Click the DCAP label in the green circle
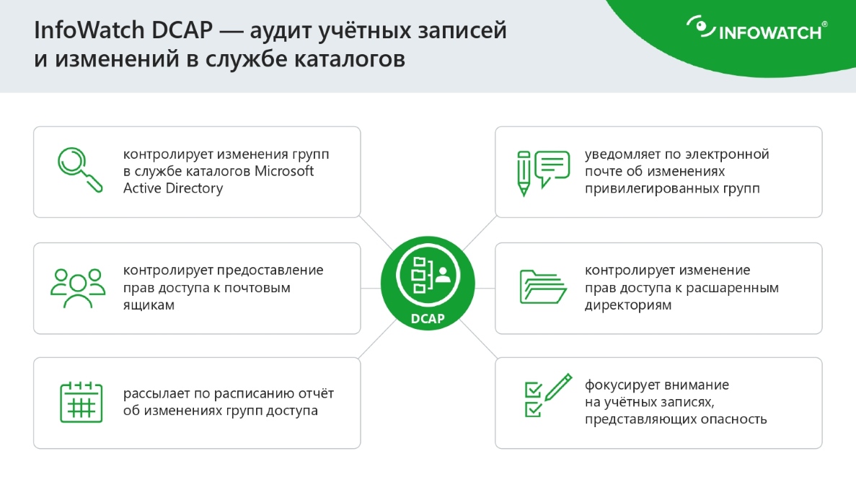coord(428,318)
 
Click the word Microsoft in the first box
coord(281,171)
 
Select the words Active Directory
coord(172,188)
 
